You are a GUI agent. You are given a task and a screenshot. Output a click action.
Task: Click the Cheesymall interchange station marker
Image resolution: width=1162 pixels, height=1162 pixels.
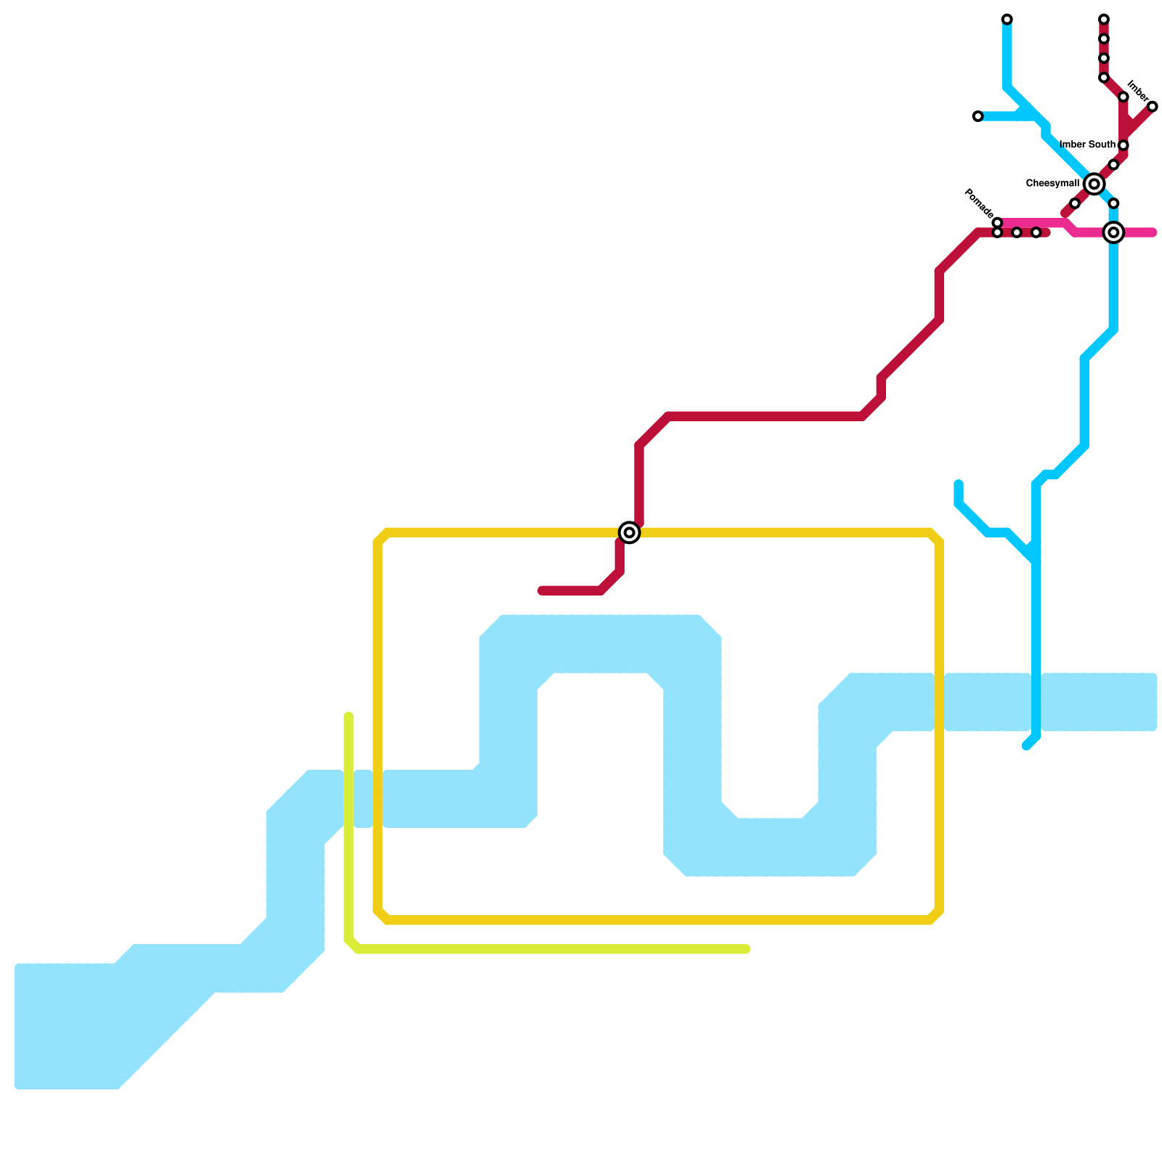pos(1094,184)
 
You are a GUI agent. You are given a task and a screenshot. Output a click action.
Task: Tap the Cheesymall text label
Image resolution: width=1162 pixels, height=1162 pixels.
pos(1052,184)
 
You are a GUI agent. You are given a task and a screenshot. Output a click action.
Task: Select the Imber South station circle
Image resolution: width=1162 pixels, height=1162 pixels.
pos(1123,145)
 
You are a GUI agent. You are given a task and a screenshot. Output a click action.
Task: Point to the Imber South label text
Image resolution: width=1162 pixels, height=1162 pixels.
pos(1087,145)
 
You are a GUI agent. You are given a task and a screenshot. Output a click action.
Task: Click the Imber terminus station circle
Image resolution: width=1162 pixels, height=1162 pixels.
pos(1152,107)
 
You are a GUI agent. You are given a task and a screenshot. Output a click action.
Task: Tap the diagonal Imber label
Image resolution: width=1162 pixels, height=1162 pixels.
pos(1137,93)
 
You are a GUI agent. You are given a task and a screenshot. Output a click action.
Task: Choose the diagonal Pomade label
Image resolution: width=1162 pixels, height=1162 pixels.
pos(978,203)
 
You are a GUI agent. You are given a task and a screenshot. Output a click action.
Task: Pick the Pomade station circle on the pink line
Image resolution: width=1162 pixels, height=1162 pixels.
pos(997,222)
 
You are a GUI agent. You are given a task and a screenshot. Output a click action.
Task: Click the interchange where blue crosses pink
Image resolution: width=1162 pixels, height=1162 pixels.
pos(1113,232)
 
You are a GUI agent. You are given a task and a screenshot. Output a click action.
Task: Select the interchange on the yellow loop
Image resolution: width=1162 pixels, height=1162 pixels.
pos(630,532)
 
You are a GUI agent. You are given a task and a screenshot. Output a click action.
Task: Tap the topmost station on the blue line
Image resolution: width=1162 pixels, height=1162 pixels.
pos(1007,19)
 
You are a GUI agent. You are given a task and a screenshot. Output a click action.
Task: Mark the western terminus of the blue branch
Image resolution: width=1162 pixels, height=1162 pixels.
pos(978,116)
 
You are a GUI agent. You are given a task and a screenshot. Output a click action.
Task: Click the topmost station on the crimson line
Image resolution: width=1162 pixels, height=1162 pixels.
pos(1103,19)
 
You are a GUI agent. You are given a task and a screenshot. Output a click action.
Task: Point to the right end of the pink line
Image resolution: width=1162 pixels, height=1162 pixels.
pos(1153,232)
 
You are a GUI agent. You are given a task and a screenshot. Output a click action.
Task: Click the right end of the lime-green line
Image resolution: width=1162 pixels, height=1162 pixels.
pos(747,949)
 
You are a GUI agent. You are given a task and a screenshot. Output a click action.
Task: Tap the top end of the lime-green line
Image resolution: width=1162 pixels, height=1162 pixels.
pos(349,716)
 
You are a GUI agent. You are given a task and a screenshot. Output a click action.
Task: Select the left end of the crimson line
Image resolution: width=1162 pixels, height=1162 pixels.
pos(542,590)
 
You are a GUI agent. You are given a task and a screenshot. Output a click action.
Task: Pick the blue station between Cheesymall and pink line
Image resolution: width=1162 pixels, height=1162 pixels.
pos(1113,203)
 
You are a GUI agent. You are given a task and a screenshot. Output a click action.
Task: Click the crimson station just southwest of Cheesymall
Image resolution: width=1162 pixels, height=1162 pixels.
pos(1074,203)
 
